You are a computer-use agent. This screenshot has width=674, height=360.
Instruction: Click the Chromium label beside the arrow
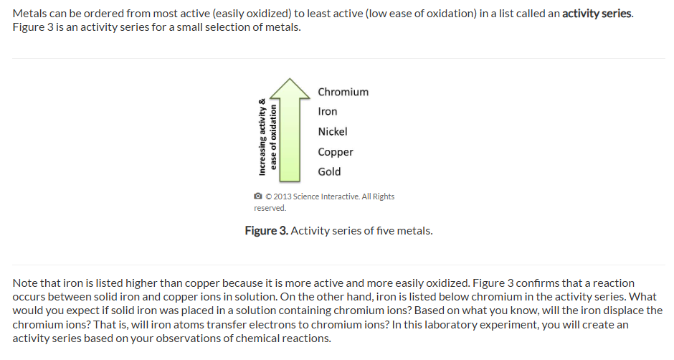(x=343, y=92)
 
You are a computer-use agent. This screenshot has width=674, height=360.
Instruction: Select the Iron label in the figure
(x=328, y=111)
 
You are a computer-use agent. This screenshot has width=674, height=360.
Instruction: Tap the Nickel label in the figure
(x=333, y=132)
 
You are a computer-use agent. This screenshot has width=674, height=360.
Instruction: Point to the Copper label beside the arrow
(x=336, y=152)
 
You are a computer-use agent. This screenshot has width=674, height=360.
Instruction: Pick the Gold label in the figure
(x=329, y=171)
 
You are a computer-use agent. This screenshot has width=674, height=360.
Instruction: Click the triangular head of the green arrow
(x=290, y=89)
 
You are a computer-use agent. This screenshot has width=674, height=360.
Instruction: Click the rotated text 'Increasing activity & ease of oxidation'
(x=267, y=137)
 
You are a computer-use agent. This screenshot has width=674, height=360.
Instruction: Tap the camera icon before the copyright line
(x=258, y=196)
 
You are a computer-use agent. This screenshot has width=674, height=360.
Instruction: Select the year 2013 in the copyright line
(x=283, y=196)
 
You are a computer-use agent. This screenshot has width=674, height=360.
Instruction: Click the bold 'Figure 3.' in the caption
(x=267, y=231)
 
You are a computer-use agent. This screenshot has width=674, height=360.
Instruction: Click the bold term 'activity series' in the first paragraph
(x=597, y=14)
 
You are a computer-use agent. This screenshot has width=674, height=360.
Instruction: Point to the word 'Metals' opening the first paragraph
(x=29, y=14)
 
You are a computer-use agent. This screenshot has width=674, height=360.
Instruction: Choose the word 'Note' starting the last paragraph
(x=25, y=283)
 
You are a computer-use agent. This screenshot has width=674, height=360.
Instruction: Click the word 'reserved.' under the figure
(x=270, y=208)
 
